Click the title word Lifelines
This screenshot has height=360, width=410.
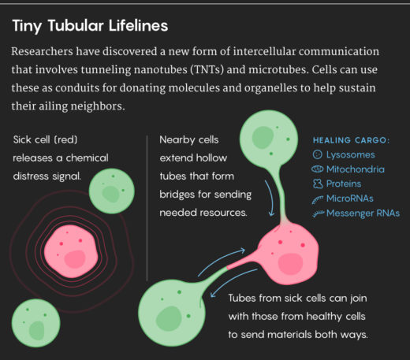pyautogui.click(x=135, y=26)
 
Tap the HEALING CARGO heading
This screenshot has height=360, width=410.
pyautogui.click(x=351, y=141)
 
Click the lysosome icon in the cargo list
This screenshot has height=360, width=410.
pyautogui.click(x=318, y=155)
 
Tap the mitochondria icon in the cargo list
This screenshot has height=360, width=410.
pyautogui.click(x=318, y=169)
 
